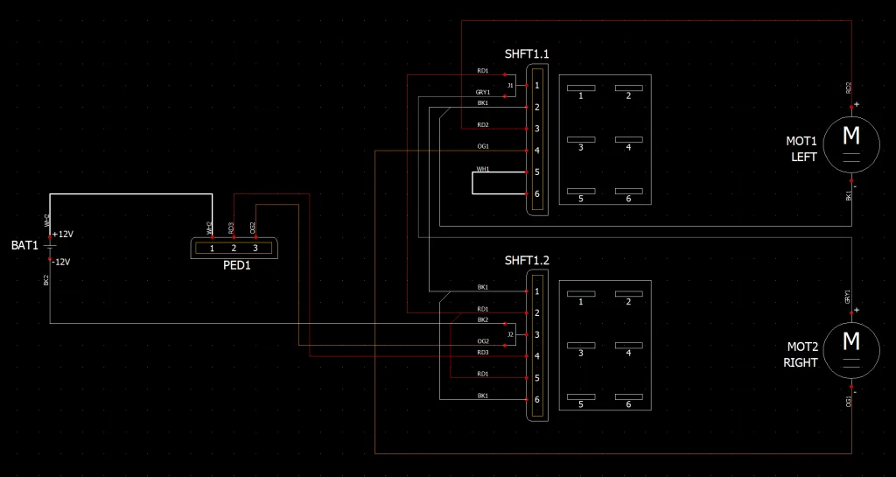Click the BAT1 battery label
coord(24,246)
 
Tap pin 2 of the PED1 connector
coord(234,249)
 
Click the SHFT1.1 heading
coord(527,54)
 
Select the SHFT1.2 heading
coord(527,261)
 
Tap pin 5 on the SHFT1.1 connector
coord(536,172)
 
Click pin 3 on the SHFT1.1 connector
coord(536,129)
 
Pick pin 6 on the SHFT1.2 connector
coord(536,400)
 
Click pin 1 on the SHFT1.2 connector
coord(536,291)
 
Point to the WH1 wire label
coord(482,168)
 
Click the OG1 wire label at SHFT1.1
coord(482,146)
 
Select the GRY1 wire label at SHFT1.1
coord(482,92)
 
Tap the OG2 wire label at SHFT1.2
coord(482,341)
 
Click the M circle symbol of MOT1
coord(850,136)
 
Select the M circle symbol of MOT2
coord(850,340)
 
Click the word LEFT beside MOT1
coord(803,158)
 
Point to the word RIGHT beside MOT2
coord(801,362)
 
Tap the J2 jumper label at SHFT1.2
coord(510,334)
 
